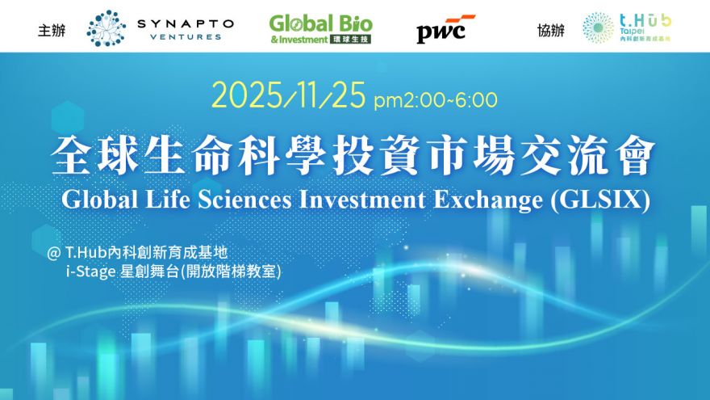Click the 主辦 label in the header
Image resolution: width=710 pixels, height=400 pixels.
(51, 31)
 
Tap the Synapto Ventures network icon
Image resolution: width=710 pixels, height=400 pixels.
(106, 28)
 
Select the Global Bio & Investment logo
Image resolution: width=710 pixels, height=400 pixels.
(320, 28)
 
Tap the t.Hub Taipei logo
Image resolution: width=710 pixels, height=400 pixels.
(628, 28)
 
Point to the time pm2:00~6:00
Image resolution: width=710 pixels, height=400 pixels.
(436, 100)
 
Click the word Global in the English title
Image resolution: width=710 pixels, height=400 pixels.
(98, 200)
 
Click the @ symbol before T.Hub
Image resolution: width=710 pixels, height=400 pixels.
(55, 253)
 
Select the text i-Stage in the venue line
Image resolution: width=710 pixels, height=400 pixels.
(92, 272)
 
